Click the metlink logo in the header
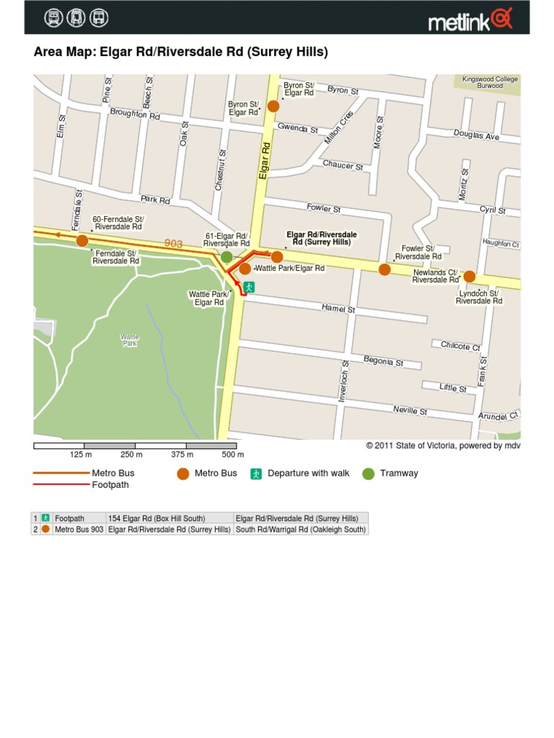470,19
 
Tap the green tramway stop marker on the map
227,257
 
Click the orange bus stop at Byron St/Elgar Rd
273,107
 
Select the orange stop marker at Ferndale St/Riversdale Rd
82,241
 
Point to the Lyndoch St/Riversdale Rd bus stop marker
469,276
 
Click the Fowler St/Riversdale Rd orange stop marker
384,270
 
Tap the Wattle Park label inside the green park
130,341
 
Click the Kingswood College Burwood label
490,82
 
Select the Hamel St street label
338,308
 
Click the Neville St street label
410,411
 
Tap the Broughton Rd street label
134,115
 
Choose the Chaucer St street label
343,165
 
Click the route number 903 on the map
173,244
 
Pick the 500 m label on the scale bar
233,455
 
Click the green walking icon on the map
248,287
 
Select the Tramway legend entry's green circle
369,474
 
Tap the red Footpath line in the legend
60,485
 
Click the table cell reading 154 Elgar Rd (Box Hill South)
157,518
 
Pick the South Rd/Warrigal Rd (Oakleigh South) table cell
301,529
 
